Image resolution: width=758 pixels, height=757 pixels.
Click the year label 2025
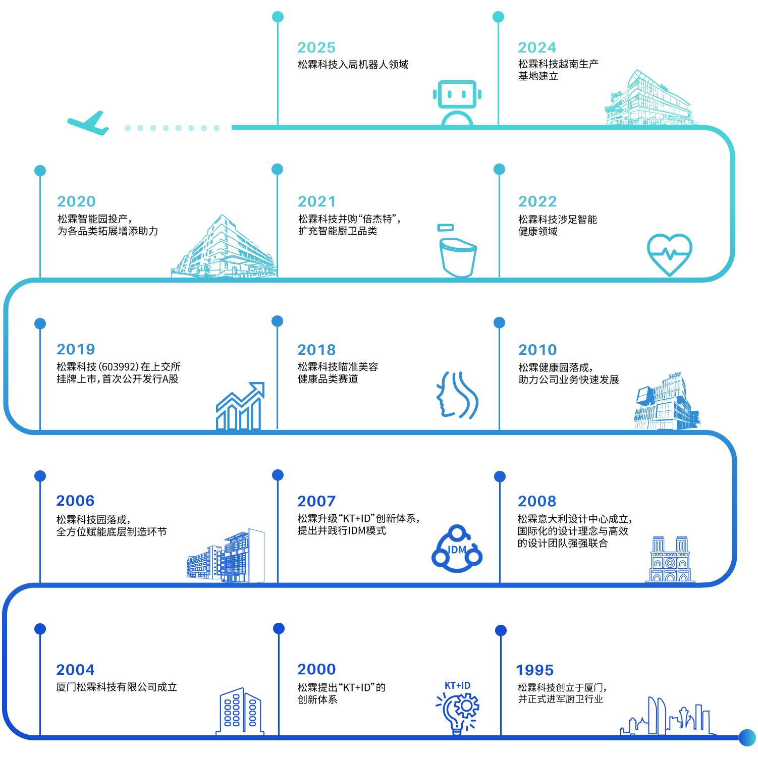click(x=316, y=48)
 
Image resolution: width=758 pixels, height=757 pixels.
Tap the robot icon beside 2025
click(x=457, y=101)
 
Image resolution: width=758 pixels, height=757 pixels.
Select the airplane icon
click(x=89, y=123)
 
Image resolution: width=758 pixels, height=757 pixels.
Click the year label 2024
click(x=537, y=48)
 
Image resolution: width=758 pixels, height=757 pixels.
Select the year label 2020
click(x=76, y=202)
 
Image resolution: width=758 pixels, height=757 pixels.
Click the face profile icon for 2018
click(x=457, y=395)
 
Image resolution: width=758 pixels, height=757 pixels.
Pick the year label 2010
click(x=537, y=350)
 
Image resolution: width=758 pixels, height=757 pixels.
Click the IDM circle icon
click(x=457, y=549)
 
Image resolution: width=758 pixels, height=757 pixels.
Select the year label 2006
click(x=75, y=501)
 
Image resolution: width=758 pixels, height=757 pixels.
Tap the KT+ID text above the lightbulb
click(x=457, y=685)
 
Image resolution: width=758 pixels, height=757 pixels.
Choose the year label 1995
click(x=535, y=671)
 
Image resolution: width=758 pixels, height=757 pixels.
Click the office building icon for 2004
click(x=240, y=711)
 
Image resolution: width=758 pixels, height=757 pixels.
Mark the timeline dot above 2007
click(x=278, y=475)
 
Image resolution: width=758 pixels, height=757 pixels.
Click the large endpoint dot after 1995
click(x=747, y=737)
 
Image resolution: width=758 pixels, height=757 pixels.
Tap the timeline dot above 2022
click(x=499, y=170)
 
